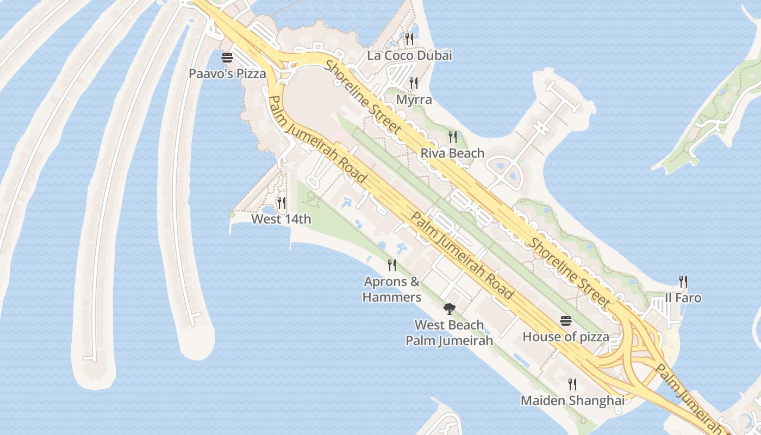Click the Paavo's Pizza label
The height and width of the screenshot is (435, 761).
tap(227, 73)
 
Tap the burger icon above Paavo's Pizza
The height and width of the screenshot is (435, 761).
tap(227, 58)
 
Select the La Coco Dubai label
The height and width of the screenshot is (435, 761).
tap(409, 55)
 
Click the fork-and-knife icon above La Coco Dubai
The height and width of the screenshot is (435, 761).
tap(409, 39)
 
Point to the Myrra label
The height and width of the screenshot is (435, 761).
tap(414, 100)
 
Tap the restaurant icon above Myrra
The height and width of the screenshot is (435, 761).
tap(414, 83)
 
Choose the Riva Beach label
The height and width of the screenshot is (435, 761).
tap(452, 153)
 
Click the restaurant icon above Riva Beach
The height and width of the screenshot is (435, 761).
tap(452, 136)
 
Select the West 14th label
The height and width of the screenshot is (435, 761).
tap(281, 219)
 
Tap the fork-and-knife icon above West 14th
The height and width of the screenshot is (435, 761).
tap(281, 203)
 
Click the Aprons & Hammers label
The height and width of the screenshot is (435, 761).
tap(392, 289)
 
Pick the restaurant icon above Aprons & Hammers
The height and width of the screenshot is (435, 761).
tap(391, 265)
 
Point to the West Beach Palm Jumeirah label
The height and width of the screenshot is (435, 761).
tap(449, 333)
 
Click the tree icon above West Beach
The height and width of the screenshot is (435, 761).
tap(449, 309)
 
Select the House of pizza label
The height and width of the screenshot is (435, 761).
tap(566, 337)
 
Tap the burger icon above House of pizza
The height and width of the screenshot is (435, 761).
tap(566, 321)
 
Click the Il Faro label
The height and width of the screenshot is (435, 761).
tap(683, 298)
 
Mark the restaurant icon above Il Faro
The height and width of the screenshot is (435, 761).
tap(683, 282)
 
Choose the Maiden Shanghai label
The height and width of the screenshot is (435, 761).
tap(572, 401)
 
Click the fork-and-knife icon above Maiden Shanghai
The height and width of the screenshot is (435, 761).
tap(572, 384)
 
